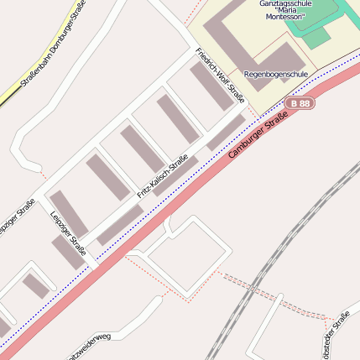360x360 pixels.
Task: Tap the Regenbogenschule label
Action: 275,75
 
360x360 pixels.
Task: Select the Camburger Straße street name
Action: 253,135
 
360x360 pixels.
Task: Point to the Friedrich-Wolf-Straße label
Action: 220,76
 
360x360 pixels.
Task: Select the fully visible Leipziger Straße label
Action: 68,232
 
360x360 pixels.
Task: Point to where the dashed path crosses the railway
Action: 244,282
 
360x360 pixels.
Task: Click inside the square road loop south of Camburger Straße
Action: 189,256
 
